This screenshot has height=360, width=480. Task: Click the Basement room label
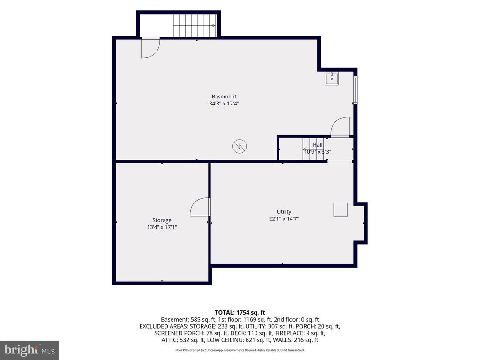[x=224, y=97]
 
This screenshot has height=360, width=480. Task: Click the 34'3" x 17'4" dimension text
[x=224, y=104]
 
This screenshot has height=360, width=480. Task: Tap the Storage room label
[x=162, y=220]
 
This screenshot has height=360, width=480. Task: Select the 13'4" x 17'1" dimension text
[x=162, y=227]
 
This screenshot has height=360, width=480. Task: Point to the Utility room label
[x=284, y=212]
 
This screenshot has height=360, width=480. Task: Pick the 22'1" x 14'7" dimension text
[x=284, y=218]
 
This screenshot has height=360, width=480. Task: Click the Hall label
[x=317, y=145]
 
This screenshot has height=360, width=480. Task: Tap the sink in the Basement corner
[x=332, y=79]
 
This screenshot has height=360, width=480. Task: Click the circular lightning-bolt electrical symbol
[x=240, y=146]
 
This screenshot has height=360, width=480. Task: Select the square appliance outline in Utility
[x=341, y=210]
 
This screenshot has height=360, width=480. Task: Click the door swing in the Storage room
[x=200, y=207]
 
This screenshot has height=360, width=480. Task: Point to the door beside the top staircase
[x=150, y=48]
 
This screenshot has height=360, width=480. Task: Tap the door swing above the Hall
[x=340, y=127]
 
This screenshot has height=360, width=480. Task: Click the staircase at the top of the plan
[x=195, y=25]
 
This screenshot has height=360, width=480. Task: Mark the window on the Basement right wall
[x=355, y=90]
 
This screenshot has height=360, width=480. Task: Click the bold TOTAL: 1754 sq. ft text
[x=240, y=313]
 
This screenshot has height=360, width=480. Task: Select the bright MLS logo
[x=29, y=350]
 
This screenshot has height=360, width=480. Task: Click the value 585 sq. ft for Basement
[x=202, y=320]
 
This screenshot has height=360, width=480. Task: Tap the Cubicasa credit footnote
[x=240, y=350]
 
